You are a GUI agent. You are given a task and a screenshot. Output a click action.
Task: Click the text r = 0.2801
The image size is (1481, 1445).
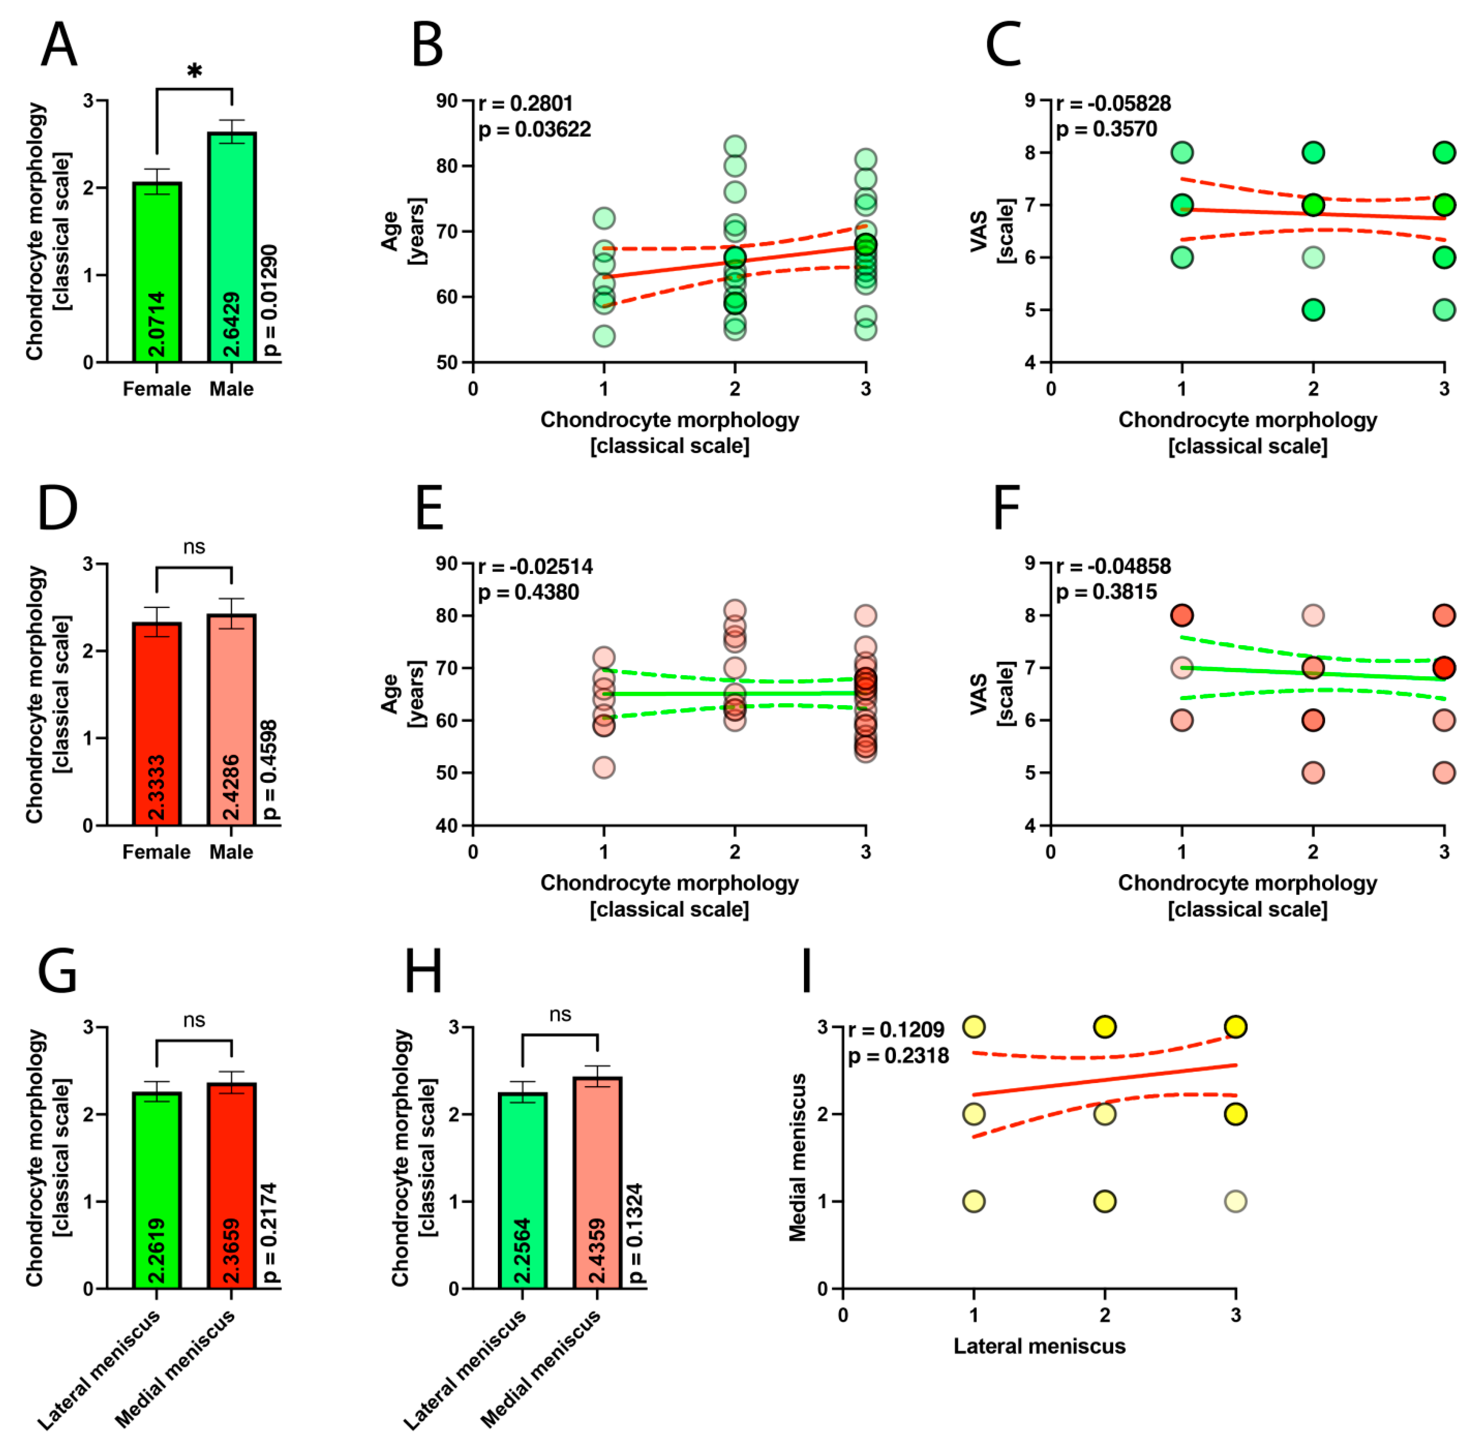[x=525, y=103]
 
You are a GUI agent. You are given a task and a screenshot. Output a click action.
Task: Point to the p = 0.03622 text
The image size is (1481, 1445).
[x=534, y=130]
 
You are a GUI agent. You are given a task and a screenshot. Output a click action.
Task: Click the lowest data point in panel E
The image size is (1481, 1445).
[x=604, y=767]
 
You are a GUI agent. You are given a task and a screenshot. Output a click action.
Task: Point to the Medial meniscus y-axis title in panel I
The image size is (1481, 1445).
[x=797, y=1157]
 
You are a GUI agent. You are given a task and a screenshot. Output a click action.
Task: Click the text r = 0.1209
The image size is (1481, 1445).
[x=896, y=1030]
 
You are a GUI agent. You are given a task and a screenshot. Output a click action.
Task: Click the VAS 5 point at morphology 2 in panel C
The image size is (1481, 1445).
[x=1313, y=310]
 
